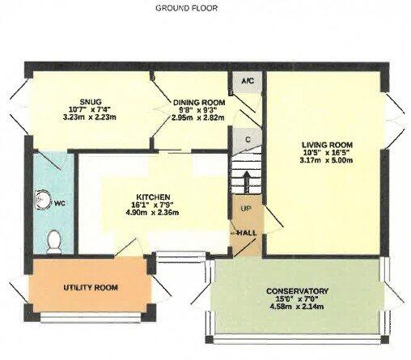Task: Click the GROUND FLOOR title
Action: click(187, 8)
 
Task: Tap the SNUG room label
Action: click(91, 102)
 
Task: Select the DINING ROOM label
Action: click(199, 103)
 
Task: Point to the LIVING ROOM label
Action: click(327, 145)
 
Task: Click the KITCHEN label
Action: click(153, 197)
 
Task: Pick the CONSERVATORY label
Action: click(297, 291)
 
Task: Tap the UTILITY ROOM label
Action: click(91, 288)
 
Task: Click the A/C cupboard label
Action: click(248, 81)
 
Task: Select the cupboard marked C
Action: click(248, 140)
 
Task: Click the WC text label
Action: click(60, 204)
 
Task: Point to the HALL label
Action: click(246, 233)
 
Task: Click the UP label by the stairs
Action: click(245, 209)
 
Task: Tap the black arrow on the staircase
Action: click(247, 182)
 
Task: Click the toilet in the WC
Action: click(53, 242)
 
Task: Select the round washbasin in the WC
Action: click(42, 200)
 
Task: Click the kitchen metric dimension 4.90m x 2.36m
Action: click(152, 213)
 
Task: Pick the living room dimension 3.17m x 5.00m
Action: click(326, 160)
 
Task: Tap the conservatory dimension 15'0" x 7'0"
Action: click(297, 299)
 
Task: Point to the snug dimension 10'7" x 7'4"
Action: click(90, 109)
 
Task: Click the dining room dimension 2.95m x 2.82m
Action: click(198, 117)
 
